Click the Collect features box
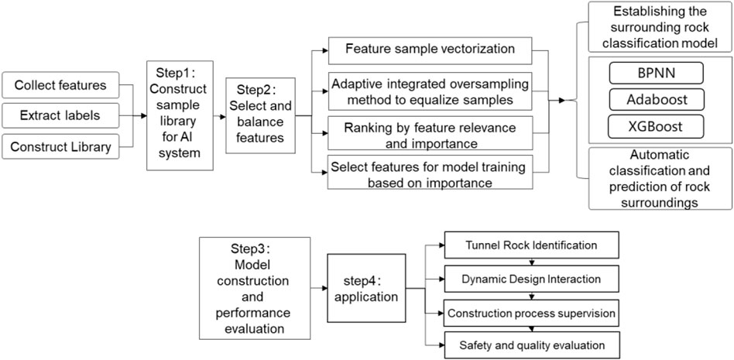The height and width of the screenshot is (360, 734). click(x=60, y=85)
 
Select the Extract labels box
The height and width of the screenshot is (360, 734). click(x=60, y=115)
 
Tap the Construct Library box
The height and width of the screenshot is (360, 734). click(x=60, y=146)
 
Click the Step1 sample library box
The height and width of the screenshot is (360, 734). click(x=180, y=115)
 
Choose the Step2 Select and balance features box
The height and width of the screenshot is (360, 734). click(x=260, y=115)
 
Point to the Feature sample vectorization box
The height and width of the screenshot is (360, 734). click(x=430, y=50)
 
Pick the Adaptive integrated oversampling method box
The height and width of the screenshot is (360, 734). click(x=430, y=92)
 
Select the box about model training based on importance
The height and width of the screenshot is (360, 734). click(x=430, y=172)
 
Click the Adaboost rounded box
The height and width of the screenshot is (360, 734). click(x=656, y=99)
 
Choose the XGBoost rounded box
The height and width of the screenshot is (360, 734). click(x=656, y=126)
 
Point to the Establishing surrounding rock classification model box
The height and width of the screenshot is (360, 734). click(x=660, y=26)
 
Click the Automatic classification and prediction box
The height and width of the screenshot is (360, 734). click(x=660, y=178)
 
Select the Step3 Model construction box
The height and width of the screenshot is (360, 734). click(x=255, y=288)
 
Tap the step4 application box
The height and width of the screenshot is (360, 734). click(x=366, y=288)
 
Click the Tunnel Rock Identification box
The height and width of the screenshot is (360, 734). click(x=531, y=245)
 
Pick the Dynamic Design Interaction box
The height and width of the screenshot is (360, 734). click(x=531, y=279)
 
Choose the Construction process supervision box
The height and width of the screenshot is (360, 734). click(x=531, y=313)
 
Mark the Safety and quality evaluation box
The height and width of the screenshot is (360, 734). click(x=531, y=345)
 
